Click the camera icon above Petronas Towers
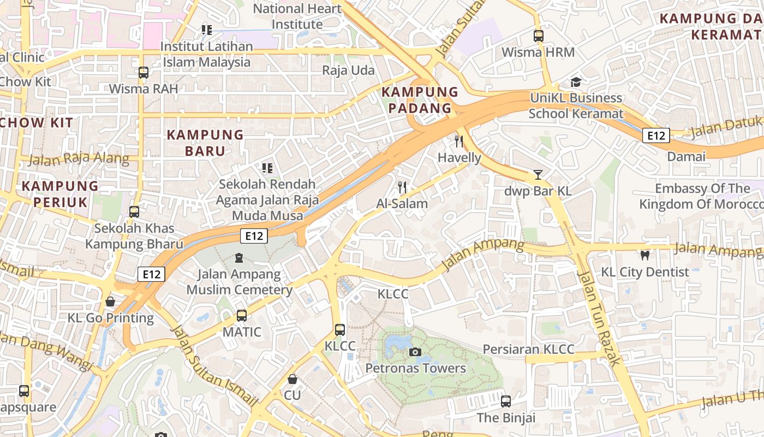point(415,352)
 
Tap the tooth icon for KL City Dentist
point(644,255)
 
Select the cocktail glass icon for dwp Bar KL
point(538,175)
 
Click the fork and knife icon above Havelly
point(459,141)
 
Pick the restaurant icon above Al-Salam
point(402,187)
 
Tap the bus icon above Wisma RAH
point(143,72)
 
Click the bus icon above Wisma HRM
point(538,36)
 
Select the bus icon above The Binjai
point(506,401)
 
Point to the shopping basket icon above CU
point(293,379)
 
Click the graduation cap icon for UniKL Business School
point(576,82)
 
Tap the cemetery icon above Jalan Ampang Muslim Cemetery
point(238,257)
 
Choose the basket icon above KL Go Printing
point(110,302)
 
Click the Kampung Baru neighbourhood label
point(205,143)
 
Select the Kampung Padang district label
point(420,100)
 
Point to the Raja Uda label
point(348,70)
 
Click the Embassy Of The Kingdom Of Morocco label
point(701,197)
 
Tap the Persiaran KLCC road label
point(528,350)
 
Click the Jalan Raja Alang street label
point(79,160)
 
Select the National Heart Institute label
point(297,16)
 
